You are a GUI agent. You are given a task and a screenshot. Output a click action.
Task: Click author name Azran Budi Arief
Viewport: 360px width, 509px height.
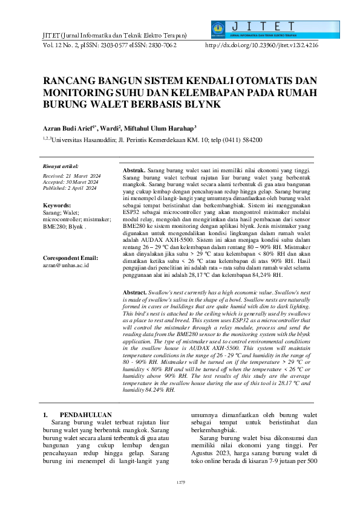(70, 128)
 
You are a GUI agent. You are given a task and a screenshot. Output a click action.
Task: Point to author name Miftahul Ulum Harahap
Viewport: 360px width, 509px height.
(160, 128)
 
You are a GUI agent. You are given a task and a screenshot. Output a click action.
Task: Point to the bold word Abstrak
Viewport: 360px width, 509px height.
(134, 172)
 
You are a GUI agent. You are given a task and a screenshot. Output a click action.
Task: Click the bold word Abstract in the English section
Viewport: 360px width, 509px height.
(134, 291)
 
